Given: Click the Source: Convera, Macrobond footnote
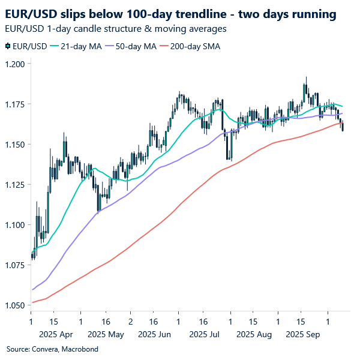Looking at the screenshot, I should click(x=52, y=349).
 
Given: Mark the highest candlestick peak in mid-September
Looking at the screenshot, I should click(x=305, y=78).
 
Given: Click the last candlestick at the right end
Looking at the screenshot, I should click(x=343, y=126).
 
